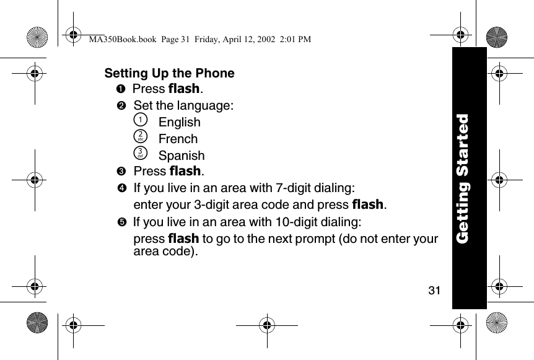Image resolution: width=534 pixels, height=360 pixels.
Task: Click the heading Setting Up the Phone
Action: click(x=169, y=73)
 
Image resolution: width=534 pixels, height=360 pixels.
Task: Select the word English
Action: click(x=180, y=122)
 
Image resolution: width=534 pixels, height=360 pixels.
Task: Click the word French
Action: click(x=178, y=139)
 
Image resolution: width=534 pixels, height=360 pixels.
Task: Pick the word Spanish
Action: click(x=182, y=156)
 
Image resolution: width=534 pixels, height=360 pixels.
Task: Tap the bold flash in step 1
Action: click(x=185, y=89)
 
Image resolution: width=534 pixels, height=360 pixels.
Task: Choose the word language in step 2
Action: click(x=206, y=105)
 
